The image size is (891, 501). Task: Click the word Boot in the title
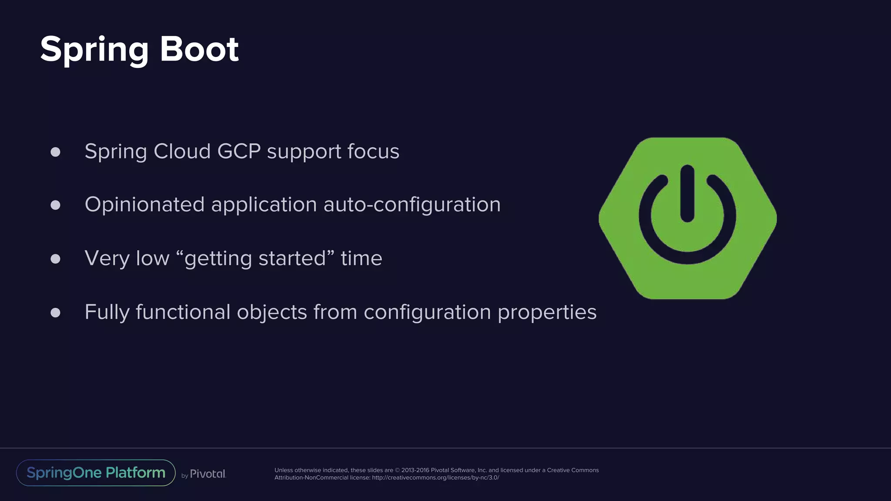click(199, 49)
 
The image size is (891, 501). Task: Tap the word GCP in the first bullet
click(239, 151)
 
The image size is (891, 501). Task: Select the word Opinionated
click(144, 205)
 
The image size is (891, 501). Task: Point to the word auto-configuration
click(412, 205)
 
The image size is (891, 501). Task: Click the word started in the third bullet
click(292, 258)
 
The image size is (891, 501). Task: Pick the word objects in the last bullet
click(272, 312)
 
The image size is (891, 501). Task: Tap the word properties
click(547, 312)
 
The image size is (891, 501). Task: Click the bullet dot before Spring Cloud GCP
click(55, 152)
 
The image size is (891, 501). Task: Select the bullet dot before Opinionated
click(55, 205)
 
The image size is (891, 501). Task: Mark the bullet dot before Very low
click(55, 259)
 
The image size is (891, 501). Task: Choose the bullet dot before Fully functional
click(55, 312)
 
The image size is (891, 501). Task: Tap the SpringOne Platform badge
click(96, 473)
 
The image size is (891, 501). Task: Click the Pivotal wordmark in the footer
click(208, 474)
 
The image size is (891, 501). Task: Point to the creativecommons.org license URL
click(435, 478)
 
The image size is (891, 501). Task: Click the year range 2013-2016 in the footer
click(415, 470)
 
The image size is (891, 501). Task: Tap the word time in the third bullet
click(361, 258)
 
